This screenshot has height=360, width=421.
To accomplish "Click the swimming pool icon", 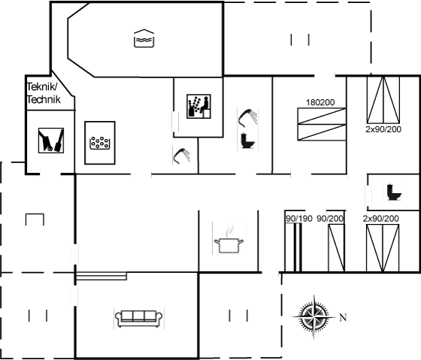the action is (x=144, y=38).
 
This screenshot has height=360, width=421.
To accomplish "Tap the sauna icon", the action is (x=198, y=106).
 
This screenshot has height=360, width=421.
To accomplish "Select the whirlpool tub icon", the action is (x=100, y=143).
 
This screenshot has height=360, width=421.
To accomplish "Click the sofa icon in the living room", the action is (x=139, y=319).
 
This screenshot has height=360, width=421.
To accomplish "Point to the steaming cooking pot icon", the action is (x=229, y=240).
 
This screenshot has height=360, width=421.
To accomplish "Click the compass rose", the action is (x=314, y=317).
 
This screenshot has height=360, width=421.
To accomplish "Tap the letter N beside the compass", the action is (x=343, y=318).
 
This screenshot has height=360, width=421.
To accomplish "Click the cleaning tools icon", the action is (x=51, y=141).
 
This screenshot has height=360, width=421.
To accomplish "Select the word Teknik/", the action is (x=42, y=87).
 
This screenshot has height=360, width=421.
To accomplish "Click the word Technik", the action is (x=44, y=100).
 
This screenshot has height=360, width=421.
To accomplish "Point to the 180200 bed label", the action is (x=320, y=102).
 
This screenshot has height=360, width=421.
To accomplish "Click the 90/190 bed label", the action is (x=299, y=219).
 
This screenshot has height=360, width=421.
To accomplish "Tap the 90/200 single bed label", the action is (x=330, y=219).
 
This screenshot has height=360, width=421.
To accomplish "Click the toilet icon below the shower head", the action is (x=247, y=141).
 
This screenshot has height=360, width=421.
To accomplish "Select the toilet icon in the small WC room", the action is (x=394, y=192).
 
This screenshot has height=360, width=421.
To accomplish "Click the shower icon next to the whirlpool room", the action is (x=182, y=156).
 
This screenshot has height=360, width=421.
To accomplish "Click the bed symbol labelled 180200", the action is (x=322, y=124).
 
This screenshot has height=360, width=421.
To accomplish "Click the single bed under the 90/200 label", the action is (x=337, y=248).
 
